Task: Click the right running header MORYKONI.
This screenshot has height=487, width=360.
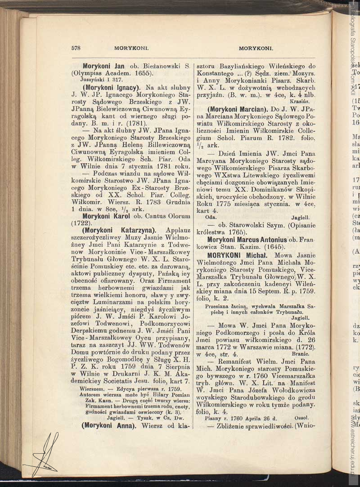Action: (256, 47)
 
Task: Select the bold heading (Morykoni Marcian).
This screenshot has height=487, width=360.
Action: (238, 109)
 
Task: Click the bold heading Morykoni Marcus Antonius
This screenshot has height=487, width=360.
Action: (247, 240)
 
